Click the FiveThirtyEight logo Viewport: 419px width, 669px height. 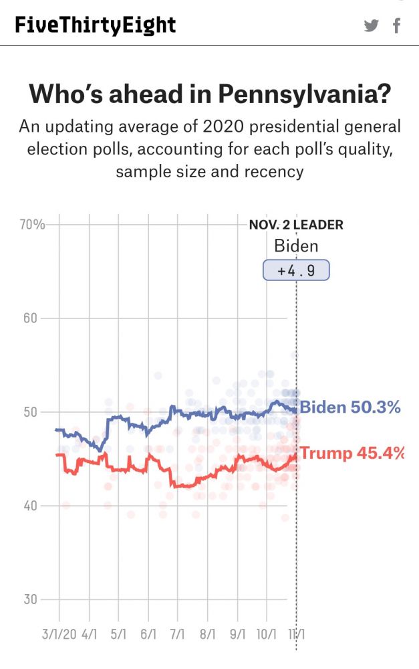[x=96, y=25]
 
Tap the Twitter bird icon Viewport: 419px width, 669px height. [x=371, y=26]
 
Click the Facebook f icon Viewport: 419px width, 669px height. [x=397, y=26]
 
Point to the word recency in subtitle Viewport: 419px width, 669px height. [x=273, y=171]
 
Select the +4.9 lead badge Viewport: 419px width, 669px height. [x=296, y=270]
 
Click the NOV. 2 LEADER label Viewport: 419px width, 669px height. [x=296, y=225]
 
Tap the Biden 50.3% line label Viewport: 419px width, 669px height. [x=350, y=407]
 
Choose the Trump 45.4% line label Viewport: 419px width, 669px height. [x=352, y=453]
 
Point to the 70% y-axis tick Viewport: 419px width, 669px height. [x=32, y=224]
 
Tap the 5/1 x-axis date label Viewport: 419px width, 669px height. [x=118, y=633]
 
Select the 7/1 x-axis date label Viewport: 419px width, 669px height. [x=178, y=633]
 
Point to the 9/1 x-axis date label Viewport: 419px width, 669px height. [x=237, y=633]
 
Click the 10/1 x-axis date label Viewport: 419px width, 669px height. [x=267, y=633]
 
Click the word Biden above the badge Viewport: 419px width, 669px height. [x=296, y=246]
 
